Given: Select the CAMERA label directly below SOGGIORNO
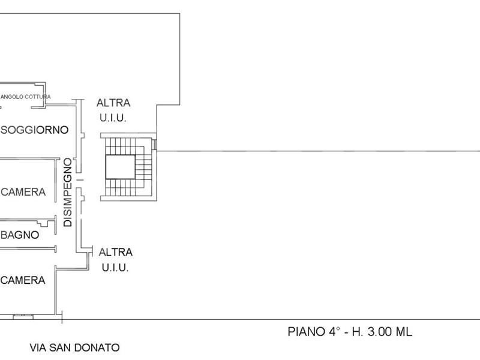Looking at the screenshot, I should pos(24,192).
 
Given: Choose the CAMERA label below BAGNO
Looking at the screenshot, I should pos(24,280).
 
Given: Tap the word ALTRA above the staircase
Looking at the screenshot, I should pos(113,103).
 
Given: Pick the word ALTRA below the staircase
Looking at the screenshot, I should pos(116,252).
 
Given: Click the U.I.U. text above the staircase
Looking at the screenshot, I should pos(113,118).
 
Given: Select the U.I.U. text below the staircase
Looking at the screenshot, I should pos(115,268).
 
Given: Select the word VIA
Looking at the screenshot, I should pos(39,347).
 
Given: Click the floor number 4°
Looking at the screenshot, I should pos(332,331).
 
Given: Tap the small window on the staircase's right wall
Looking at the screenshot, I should pos(155,144).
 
